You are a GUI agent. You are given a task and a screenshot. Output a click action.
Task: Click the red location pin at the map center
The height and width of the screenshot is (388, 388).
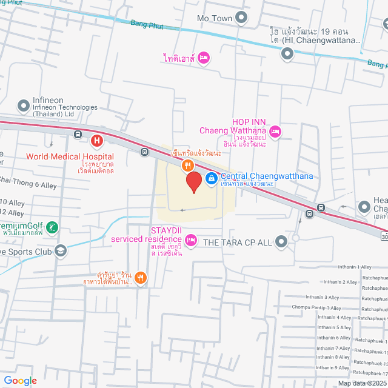[x=193, y=182]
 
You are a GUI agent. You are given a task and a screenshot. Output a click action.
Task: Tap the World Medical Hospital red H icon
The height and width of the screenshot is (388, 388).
[x=96, y=142]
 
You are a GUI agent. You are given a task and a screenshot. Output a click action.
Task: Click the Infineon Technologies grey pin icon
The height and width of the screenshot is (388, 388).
[x=23, y=107]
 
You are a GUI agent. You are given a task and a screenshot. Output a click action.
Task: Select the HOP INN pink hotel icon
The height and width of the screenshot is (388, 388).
[x=275, y=131]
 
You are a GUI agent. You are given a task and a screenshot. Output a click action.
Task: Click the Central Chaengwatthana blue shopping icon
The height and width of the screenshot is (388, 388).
[x=211, y=178]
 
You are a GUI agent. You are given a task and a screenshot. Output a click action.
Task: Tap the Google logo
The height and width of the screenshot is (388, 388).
[x=20, y=380]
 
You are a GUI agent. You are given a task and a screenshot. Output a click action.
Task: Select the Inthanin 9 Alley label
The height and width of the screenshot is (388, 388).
[x=333, y=367]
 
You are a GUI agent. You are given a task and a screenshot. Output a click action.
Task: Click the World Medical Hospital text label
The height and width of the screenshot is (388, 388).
[x=70, y=156]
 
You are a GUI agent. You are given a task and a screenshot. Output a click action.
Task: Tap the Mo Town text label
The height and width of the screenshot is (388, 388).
[x=215, y=18]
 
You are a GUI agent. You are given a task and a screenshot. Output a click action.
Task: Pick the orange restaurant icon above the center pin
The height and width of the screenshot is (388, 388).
[x=188, y=165]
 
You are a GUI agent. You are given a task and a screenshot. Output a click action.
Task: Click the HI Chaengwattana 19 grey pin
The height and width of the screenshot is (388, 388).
[x=287, y=54]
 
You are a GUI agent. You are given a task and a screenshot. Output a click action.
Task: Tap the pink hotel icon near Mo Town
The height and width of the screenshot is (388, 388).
[x=204, y=58]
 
